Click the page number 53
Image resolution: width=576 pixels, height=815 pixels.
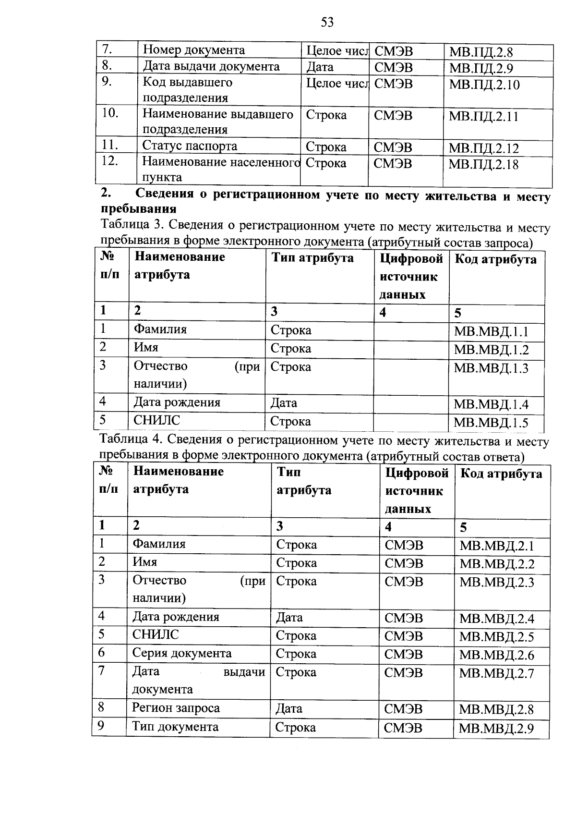pyautogui.click(x=327, y=23)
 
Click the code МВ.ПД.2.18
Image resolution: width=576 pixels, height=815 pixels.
pyautogui.click(x=483, y=165)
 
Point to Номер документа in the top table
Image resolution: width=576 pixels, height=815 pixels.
pyautogui.click(x=194, y=50)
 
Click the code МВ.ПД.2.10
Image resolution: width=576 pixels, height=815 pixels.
pyautogui.click(x=484, y=85)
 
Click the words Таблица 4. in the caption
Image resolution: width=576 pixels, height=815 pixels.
pyautogui.click(x=130, y=439)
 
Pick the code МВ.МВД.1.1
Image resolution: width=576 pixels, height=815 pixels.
pyautogui.click(x=491, y=332)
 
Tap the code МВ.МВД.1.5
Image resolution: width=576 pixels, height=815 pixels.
pyautogui.click(x=491, y=423)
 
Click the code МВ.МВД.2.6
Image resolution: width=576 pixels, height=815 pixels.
pyautogui.click(x=496, y=655)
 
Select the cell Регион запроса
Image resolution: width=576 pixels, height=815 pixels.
pyautogui.click(x=176, y=708)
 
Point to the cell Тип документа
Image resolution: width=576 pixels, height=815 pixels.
pyautogui.click(x=175, y=727)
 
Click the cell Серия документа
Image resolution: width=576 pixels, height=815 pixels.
pyautogui.click(x=182, y=653)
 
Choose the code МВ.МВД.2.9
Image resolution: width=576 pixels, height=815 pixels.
pyautogui.click(x=496, y=729)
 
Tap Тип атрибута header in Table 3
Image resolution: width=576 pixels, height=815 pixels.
pyautogui.click(x=312, y=258)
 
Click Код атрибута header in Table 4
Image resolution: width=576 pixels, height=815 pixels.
pyautogui.click(x=501, y=474)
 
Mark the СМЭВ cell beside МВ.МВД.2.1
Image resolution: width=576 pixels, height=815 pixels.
pyautogui.click(x=404, y=545)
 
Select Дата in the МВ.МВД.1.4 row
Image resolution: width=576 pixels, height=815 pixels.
pyautogui.click(x=284, y=403)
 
